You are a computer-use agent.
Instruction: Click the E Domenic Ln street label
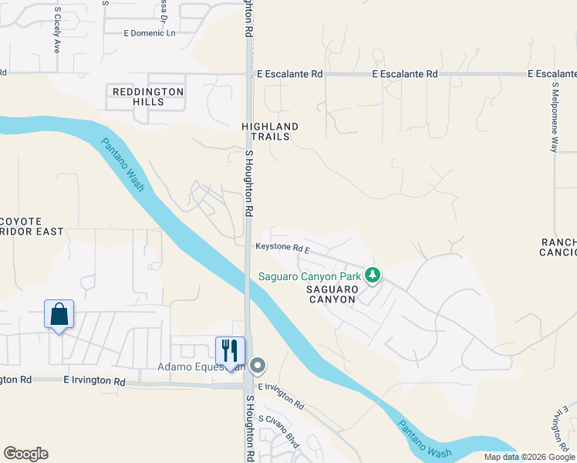point(150,33)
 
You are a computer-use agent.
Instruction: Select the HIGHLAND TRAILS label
point(270,131)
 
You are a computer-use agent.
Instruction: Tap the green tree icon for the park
point(373,275)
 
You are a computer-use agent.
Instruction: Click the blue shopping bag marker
point(59,315)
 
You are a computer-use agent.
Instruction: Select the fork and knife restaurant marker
point(230,350)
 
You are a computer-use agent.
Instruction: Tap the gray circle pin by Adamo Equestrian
point(258,366)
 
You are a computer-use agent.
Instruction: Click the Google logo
point(25,454)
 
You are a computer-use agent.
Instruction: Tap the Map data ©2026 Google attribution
point(529,457)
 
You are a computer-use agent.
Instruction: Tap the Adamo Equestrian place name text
point(200,367)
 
